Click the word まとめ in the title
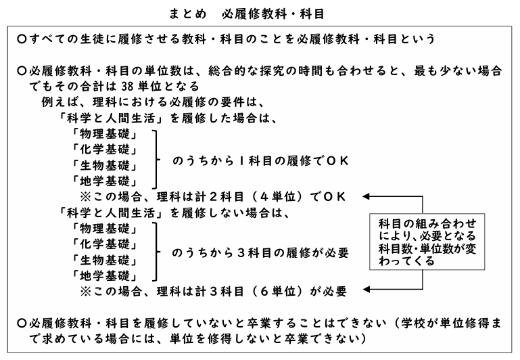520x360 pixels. (188, 14)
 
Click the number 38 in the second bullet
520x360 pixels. (127, 87)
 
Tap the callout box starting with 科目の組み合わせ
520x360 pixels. (427, 242)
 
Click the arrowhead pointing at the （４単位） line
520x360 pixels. (366, 196)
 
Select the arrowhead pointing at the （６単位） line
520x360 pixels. (366, 290)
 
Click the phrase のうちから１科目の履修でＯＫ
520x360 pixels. (260, 161)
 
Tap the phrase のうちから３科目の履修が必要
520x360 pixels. (260, 253)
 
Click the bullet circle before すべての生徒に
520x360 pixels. (22, 39)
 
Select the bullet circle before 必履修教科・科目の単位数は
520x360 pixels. (22, 70)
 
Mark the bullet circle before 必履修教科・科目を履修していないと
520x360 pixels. (22, 323)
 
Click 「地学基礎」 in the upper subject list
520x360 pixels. (104, 181)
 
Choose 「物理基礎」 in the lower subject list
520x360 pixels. (104, 228)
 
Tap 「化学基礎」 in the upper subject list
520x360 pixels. (104, 150)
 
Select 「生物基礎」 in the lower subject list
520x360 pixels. (104, 260)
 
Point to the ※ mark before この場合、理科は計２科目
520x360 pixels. (86, 197)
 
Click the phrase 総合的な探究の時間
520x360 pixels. (265, 70)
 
